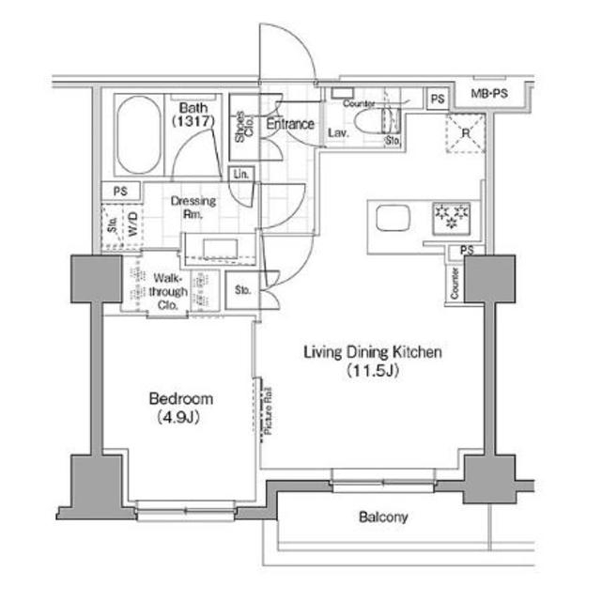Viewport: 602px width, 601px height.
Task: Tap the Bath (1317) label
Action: pyautogui.click(x=193, y=116)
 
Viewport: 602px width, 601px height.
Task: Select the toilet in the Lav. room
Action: pyautogui.click(x=385, y=123)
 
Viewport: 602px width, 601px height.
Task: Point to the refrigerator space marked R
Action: pyautogui.click(x=463, y=131)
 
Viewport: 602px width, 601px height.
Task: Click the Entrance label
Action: pyautogui.click(x=289, y=124)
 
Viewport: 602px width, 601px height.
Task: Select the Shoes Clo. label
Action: pyautogui.click(x=242, y=127)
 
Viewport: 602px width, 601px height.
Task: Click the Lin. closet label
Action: pyautogui.click(x=241, y=175)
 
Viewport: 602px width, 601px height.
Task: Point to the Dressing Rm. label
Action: pyautogui.click(x=193, y=207)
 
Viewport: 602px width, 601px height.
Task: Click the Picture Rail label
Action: pyautogui.click(x=266, y=409)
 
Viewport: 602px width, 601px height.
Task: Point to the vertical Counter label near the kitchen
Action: pyautogui.click(x=454, y=284)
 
